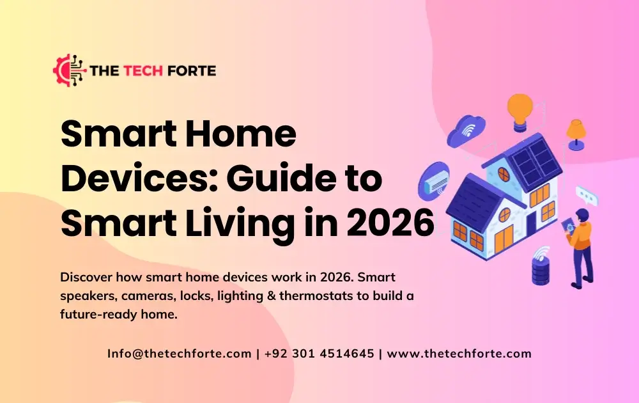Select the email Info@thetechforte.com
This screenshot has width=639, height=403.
pyautogui.click(x=179, y=354)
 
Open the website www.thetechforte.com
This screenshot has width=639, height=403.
pyautogui.click(x=459, y=354)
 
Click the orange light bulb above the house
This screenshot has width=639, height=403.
pyautogui.click(x=520, y=109)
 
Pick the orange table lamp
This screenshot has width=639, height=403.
pyautogui.click(x=576, y=133)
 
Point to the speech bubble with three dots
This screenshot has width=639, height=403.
pyautogui.click(x=586, y=194)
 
